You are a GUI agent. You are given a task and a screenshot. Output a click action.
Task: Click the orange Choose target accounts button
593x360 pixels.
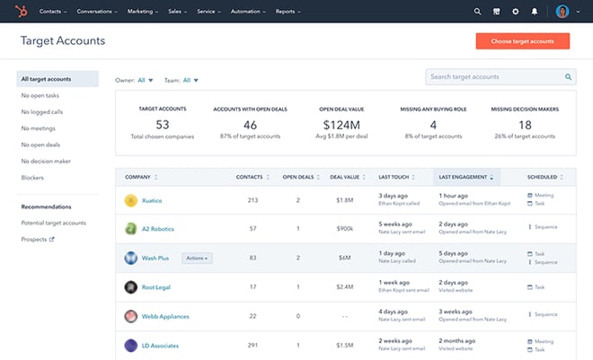pos(522,41)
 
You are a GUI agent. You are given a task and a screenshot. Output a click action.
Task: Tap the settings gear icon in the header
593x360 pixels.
pos(515,12)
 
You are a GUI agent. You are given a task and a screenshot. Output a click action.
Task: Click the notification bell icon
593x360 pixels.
pos(535,12)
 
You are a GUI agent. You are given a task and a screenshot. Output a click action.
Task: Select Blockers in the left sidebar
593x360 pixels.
pos(32,178)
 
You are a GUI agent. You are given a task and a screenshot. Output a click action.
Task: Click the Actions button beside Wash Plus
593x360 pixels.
pos(197,258)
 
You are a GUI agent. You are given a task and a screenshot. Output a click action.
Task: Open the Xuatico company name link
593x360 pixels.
pos(152,200)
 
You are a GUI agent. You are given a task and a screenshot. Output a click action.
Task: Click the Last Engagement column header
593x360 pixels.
pos(465,177)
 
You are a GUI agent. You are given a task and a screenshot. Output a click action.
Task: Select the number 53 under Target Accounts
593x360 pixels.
pos(162,125)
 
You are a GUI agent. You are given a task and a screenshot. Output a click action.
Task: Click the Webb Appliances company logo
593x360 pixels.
pos(131,316)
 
